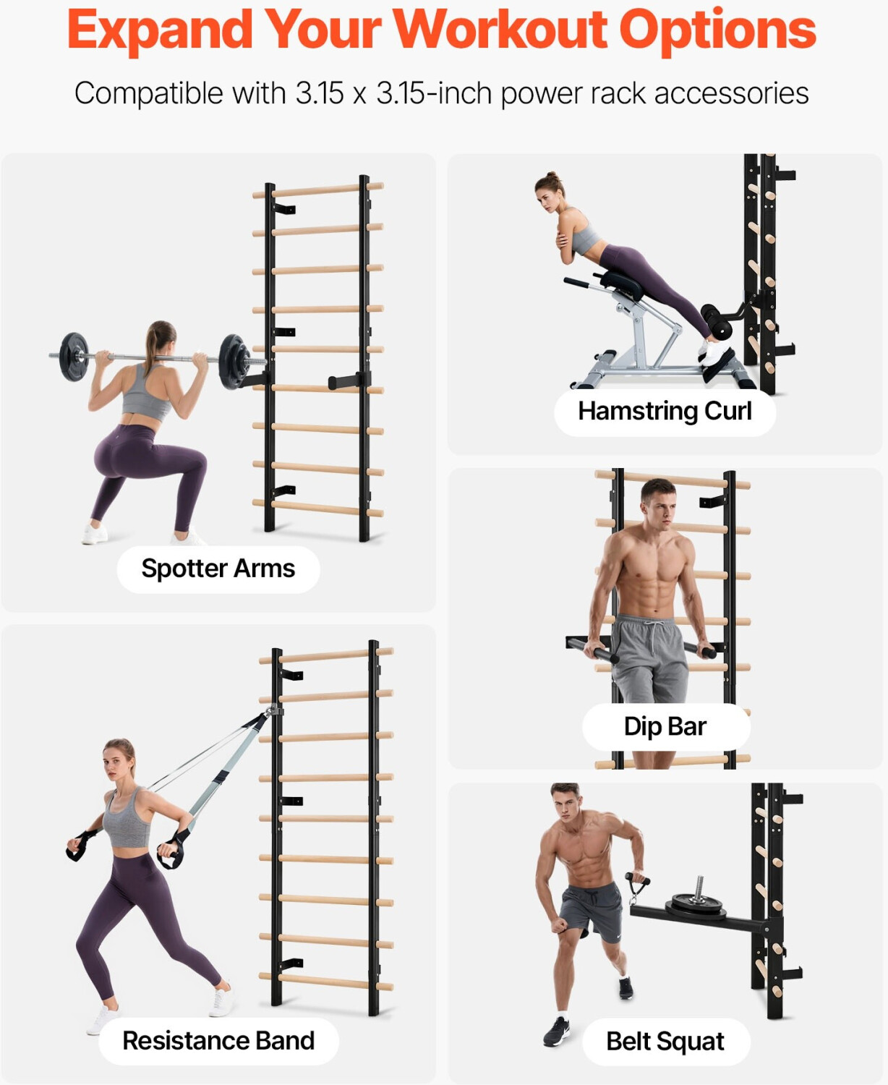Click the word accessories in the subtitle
(x=731, y=93)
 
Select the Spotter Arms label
(x=218, y=569)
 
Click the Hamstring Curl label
(x=665, y=412)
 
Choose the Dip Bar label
(x=665, y=727)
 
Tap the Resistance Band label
(x=218, y=1041)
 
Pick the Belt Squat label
(x=665, y=1042)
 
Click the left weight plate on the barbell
(x=73, y=357)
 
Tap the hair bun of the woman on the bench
(x=552, y=176)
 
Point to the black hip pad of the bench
(x=621, y=285)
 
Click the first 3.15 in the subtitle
(x=320, y=93)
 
